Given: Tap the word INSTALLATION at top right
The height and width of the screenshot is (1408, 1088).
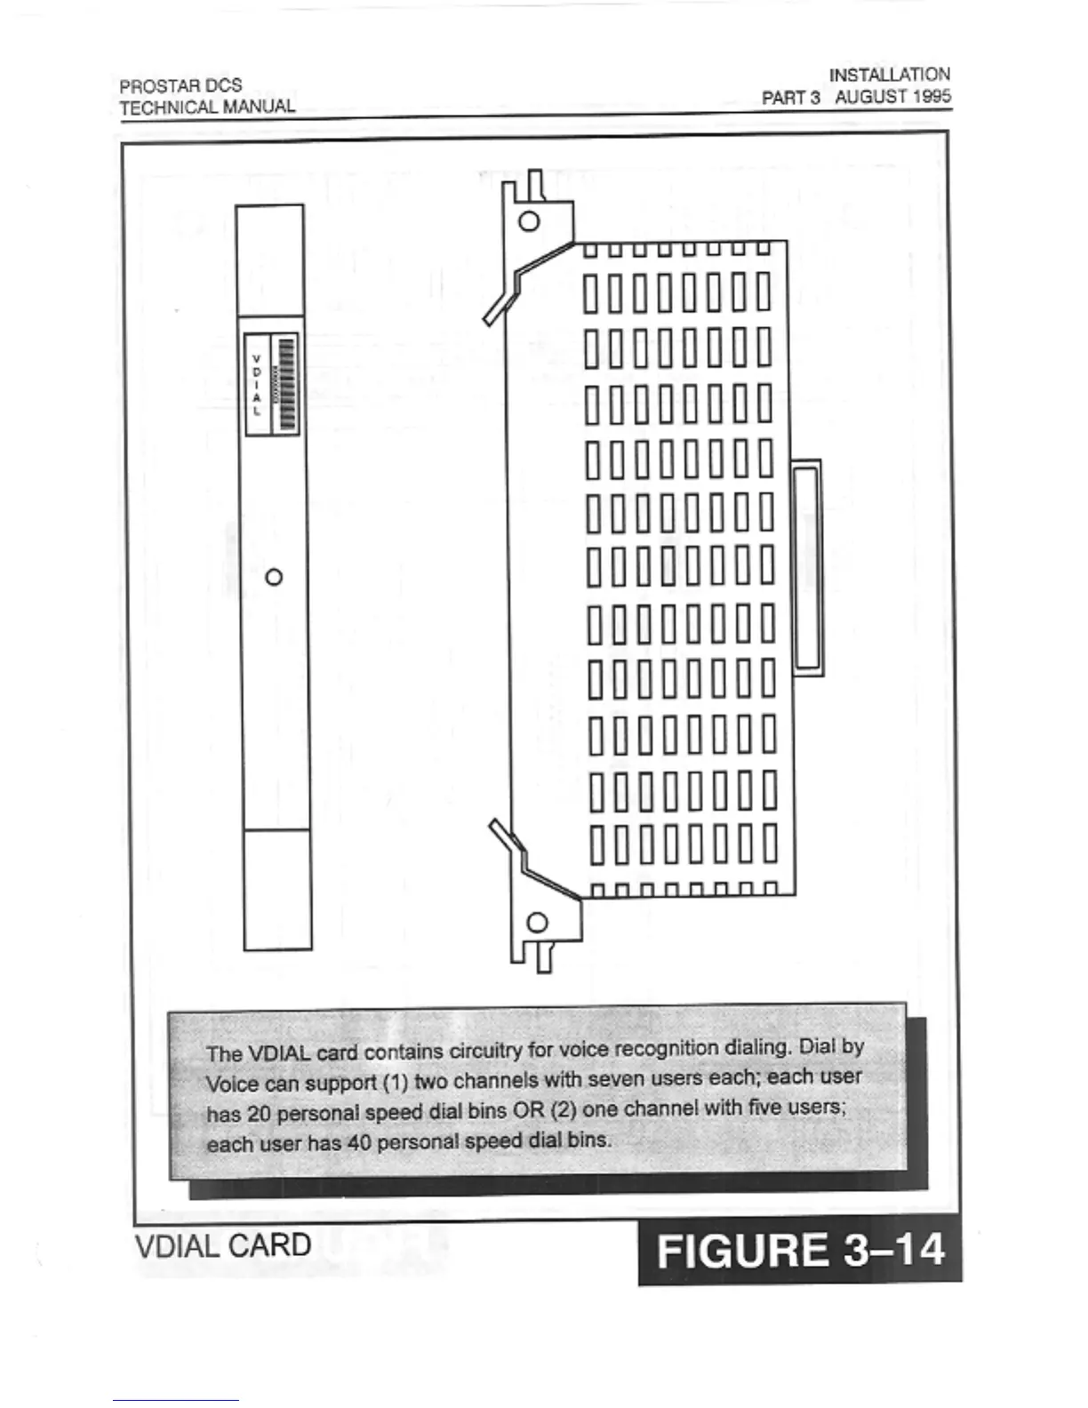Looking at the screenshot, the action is click(x=889, y=75).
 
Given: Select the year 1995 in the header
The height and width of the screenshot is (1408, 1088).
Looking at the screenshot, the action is click(x=931, y=96).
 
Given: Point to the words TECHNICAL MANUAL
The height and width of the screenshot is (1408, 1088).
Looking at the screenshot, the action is click(x=207, y=108).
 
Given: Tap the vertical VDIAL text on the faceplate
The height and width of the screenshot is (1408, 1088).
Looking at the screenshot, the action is click(x=257, y=385).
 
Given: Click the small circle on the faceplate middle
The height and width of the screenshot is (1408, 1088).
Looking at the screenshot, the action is click(x=275, y=577).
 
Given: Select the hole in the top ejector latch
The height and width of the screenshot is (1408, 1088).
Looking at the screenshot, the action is click(x=529, y=221).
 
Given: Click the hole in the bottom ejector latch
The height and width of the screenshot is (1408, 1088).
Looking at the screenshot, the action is click(x=538, y=922).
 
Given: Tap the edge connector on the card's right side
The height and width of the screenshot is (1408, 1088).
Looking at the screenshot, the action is click(x=806, y=568).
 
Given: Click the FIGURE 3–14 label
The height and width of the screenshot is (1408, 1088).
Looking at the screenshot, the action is click(x=799, y=1252).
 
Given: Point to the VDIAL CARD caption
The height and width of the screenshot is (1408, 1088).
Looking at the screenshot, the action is click(x=223, y=1245).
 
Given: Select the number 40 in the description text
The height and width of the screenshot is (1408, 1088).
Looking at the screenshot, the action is click(x=358, y=1142).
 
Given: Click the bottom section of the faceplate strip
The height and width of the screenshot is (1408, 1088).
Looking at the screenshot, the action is click(x=277, y=889).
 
